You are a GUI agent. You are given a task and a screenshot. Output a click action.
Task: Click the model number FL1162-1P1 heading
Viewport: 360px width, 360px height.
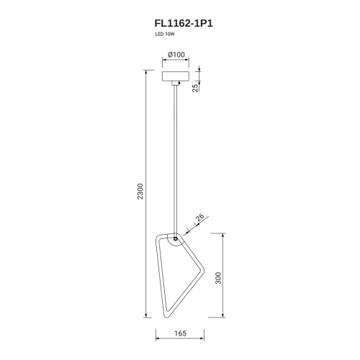(184, 24)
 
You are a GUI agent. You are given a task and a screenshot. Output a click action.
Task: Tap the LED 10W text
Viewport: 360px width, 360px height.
(165, 34)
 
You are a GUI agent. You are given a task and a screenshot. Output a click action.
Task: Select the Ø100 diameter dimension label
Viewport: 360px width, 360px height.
(176, 55)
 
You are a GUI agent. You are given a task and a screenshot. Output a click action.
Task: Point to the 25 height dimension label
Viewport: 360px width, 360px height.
(196, 88)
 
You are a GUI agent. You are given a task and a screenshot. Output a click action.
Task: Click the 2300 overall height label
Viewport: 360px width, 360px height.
(140, 192)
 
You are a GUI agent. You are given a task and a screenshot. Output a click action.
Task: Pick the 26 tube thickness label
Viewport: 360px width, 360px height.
(199, 217)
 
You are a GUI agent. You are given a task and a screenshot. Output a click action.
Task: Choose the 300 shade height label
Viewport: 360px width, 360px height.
(218, 278)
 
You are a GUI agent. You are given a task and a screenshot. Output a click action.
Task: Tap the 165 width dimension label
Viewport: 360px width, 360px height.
(180, 333)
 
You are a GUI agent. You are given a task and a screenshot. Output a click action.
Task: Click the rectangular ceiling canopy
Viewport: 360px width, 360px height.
(176, 76)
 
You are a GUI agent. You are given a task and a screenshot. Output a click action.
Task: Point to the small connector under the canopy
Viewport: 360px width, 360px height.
(176, 83)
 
